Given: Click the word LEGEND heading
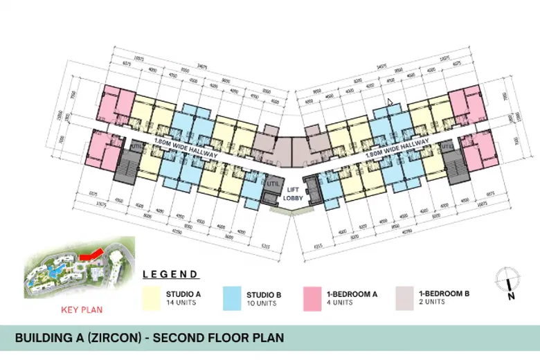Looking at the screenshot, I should pos(170,274).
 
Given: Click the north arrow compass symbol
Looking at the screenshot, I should pos(508,281).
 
